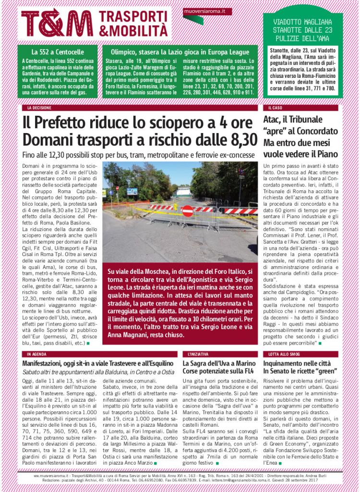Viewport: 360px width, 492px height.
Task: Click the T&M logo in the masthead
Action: [57, 23]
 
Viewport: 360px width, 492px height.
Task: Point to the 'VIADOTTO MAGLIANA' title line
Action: [302, 22]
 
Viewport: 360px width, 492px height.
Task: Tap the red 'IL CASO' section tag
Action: [276, 108]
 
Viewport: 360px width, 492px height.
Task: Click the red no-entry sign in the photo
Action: [188, 210]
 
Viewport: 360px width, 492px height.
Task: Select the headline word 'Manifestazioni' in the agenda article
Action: [48, 364]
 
